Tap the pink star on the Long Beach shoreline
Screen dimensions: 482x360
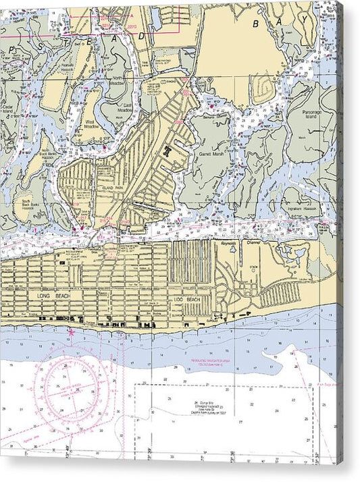click(x=71, y=332)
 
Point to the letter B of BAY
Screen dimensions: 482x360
click(x=257, y=24)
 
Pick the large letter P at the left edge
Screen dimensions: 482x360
click(x=11, y=51)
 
